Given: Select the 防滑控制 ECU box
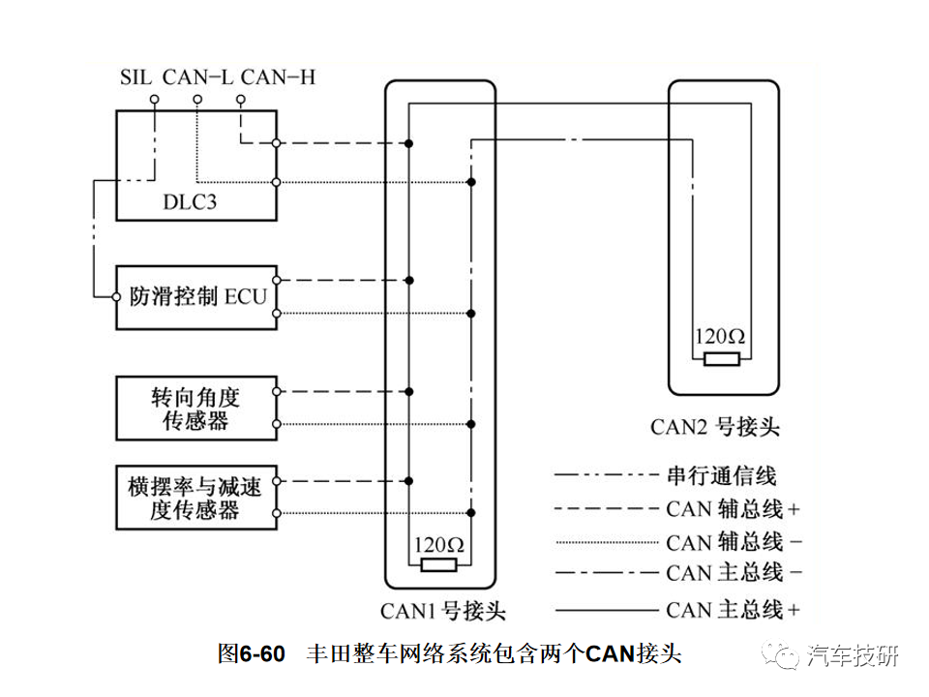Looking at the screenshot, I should click(x=196, y=296).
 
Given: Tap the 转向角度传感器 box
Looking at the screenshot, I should click(x=196, y=409).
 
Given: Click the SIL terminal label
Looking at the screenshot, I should click(x=135, y=76).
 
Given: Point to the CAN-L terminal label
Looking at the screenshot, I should click(x=197, y=76).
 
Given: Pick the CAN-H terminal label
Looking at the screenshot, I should click(x=277, y=76).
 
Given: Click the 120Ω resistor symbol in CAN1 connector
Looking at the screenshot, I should click(x=439, y=565).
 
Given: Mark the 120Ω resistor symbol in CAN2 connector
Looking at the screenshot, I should click(x=721, y=360).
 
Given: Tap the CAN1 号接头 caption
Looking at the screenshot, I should click(x=443, y=612).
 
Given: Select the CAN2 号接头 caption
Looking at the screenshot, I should click(x=715, y=426).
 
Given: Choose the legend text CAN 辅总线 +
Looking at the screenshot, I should click(x=733, y=508).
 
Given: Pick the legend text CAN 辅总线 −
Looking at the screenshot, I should click(x=733, y=540).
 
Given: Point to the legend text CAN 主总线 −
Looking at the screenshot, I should click(x=733, y=573).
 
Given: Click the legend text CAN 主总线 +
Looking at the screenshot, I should click(x=733, y=609).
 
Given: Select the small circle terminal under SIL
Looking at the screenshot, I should click(x=154, y=99).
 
